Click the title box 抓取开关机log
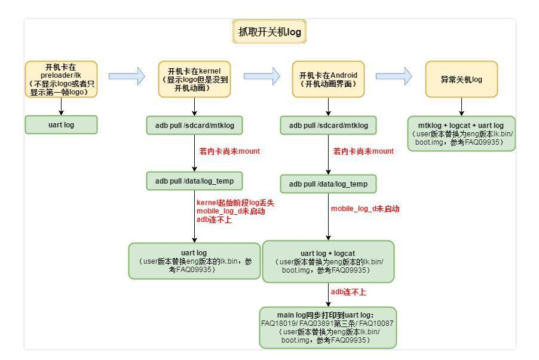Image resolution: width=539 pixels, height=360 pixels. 269,32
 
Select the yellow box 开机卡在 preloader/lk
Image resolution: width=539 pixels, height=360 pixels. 60,79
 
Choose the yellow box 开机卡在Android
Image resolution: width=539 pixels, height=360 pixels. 328,79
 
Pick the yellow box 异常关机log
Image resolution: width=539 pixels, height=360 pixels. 461,79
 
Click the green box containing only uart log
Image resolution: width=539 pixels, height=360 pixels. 60,125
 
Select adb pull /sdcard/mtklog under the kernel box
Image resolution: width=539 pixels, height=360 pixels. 195,125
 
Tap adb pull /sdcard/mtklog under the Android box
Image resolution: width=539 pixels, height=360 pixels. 328,125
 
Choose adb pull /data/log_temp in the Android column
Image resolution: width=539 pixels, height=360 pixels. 328,184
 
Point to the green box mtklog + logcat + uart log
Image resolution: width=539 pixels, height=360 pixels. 461,134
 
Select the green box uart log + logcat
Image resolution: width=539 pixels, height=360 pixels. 328,261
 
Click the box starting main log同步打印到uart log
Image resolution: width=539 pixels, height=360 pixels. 328,327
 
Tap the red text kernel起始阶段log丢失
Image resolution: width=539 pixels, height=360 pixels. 235,203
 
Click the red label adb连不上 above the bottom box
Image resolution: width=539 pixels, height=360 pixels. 348,292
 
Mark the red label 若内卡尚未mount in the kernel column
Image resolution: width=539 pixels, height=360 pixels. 230,151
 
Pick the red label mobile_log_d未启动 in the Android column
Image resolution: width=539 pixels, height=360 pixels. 365,209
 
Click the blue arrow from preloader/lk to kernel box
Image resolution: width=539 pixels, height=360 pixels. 127,76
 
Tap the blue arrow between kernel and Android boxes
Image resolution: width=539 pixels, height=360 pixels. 262,76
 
